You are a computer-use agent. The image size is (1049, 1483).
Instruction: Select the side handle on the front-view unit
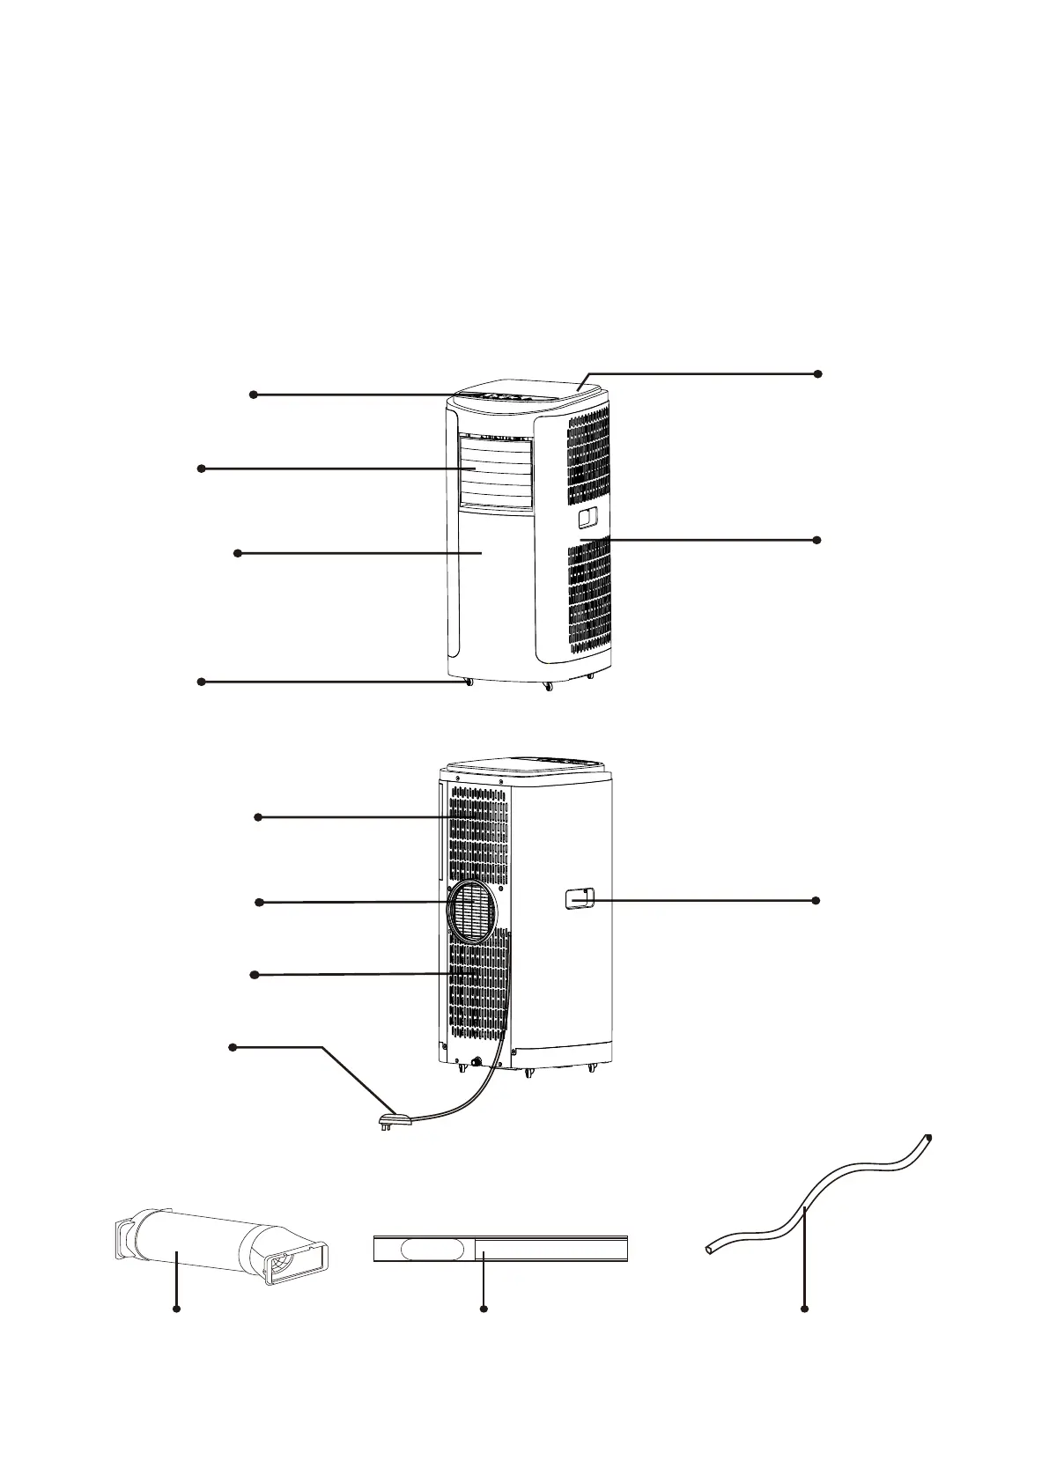point(588,519)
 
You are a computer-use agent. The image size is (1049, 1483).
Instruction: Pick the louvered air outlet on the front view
point(495,471)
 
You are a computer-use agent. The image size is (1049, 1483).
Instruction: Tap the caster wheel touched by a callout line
point(468,682)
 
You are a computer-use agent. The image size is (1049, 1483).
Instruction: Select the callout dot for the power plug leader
point(233,1047)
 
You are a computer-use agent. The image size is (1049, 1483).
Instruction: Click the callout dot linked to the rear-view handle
point(816,900)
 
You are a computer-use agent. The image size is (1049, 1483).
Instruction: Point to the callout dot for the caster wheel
point(201,682)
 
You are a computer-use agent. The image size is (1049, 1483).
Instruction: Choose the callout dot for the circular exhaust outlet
point(258,903)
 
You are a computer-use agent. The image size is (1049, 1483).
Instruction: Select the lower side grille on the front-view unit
point(588,599)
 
